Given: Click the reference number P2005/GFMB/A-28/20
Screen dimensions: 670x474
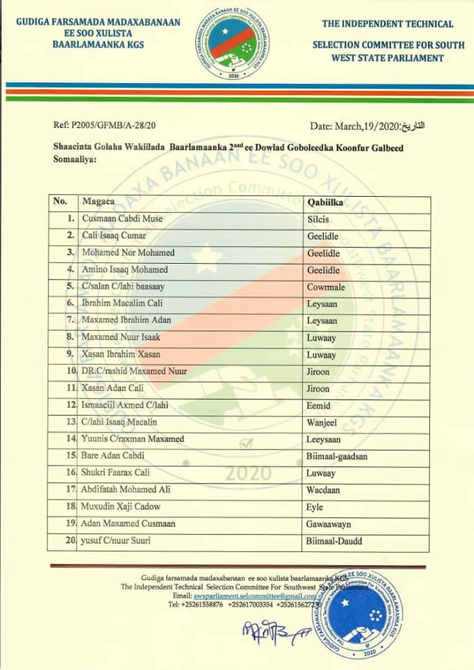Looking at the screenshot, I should coord(105,126).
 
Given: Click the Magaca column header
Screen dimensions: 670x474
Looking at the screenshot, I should coord(99,202).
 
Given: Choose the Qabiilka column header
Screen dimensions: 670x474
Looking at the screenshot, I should coord(327,202).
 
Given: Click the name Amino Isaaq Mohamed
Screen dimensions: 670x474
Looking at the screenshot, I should coord(125,269).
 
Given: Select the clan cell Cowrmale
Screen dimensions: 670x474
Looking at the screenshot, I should coord(325,286).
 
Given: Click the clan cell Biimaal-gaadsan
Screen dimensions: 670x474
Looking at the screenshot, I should coord(337,455).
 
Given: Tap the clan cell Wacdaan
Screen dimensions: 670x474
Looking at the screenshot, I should coord(323,489).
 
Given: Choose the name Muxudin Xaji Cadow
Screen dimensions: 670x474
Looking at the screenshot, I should coord(121,506).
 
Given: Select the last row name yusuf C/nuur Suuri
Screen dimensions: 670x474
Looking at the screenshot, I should coord(118,540).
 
